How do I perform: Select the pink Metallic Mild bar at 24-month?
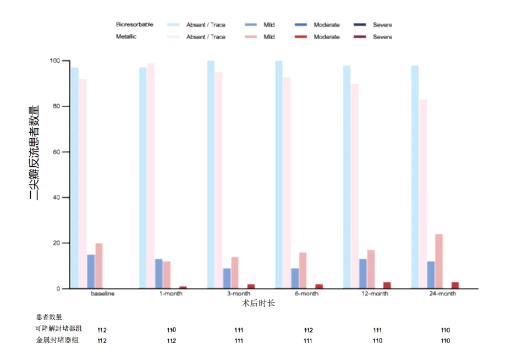point(439,261)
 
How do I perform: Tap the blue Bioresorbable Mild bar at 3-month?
point(227,278)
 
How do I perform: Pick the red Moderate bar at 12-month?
point(387,285)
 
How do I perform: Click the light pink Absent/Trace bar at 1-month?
point(151,176)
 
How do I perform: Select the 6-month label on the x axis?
point(306,294)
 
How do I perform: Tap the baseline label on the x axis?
point(103,294)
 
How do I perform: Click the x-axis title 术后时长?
point(258,303)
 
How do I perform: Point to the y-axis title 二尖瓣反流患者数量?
point(34,152)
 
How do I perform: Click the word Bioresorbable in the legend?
point(134,25)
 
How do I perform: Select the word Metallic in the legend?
point(126,37)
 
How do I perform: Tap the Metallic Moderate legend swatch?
point(301,37)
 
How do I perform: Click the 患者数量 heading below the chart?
point(49,317)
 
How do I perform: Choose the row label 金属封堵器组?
point(57,340)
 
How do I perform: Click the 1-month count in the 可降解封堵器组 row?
point(171,330)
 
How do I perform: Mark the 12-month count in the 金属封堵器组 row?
point(377,341)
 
